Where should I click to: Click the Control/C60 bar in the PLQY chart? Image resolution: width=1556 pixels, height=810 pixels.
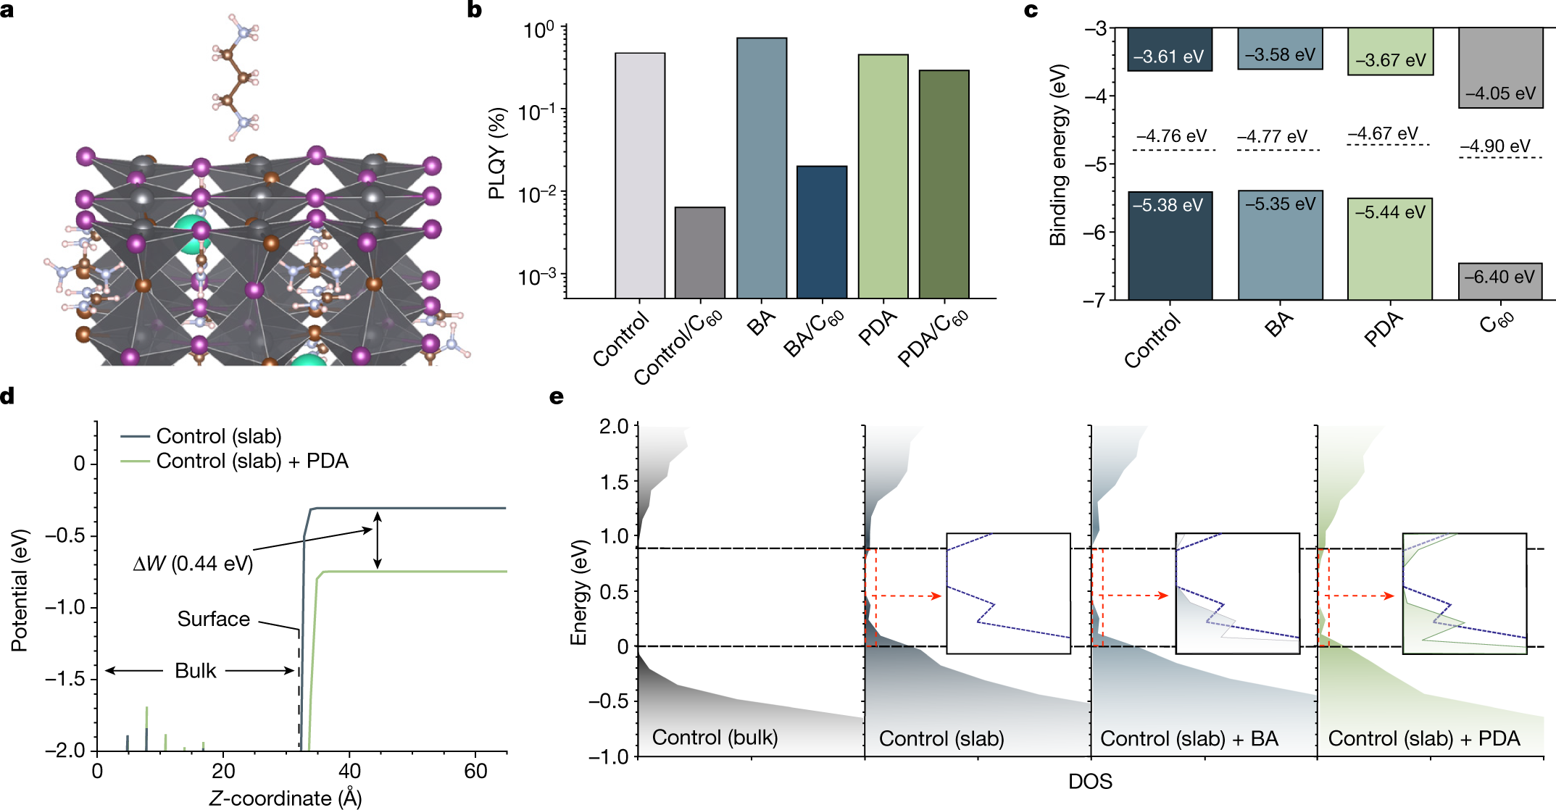pyautogui.click(x=700, y=253)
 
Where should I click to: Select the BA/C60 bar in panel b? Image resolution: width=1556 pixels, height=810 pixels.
pyautogui.click(x=822, y=232)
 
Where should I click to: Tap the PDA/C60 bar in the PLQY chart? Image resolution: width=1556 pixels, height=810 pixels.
pyautogui.click(x=944, y=184)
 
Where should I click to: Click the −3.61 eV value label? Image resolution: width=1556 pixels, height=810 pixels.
pyautogui.click(x=1168, y=57)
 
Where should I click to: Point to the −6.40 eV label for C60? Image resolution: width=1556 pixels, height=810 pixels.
pyautogui.click(x=1499, y=277)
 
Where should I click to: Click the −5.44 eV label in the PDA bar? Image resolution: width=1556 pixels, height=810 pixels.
pyautogui.click(x=1390, y=212)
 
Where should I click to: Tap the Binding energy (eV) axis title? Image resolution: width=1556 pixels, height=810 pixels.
pyautogui.click(x=1059, y=155)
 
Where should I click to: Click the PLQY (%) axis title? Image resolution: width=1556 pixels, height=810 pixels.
pyautogui.click(x=497, y=153)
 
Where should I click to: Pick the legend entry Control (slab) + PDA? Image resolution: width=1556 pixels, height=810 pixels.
pyautogui.click(x=252, y=461)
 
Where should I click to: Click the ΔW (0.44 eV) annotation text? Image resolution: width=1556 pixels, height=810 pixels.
pyautogui.click(x=194, y=563)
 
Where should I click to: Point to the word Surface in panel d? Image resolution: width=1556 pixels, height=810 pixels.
pyautogui.click(x=214, y=619)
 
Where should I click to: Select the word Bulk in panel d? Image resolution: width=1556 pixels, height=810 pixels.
pyautogui.click(x=196, y=670)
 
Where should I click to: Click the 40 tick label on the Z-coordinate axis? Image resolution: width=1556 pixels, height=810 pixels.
pyautogui.click(x=350, y=771)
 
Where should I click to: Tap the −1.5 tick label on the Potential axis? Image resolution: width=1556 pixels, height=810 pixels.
pyautogui.click(x=65, y=679)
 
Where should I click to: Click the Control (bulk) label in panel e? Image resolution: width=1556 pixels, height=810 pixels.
pyautogui.click(x=715, y=738)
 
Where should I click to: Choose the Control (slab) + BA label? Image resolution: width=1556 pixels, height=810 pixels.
pyautogui.click(x=1189, y=738)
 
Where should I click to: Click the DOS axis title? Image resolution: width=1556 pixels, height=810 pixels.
pyautogui.click(x=1090, y=781)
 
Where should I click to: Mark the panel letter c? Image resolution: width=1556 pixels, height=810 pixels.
pyautogui.click(x=1031, y=11)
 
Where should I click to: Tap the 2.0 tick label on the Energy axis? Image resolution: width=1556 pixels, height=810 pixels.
pyautogui.click(x=614, y=427)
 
